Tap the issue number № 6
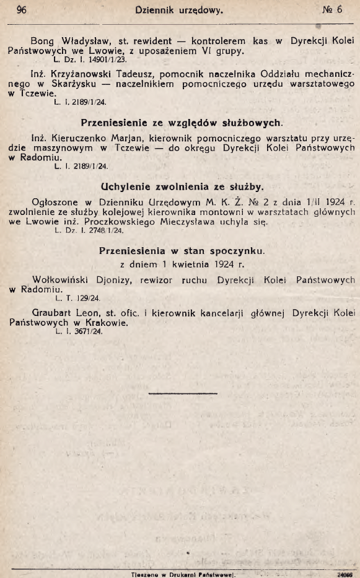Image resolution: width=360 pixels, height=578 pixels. [x=331, y=10]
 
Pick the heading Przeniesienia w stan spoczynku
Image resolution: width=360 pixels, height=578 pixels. [x=182, y=250]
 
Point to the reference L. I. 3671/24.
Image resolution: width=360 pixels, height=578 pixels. [x=78, y=331]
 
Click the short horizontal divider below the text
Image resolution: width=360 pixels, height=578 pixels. [x=180, y=392]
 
